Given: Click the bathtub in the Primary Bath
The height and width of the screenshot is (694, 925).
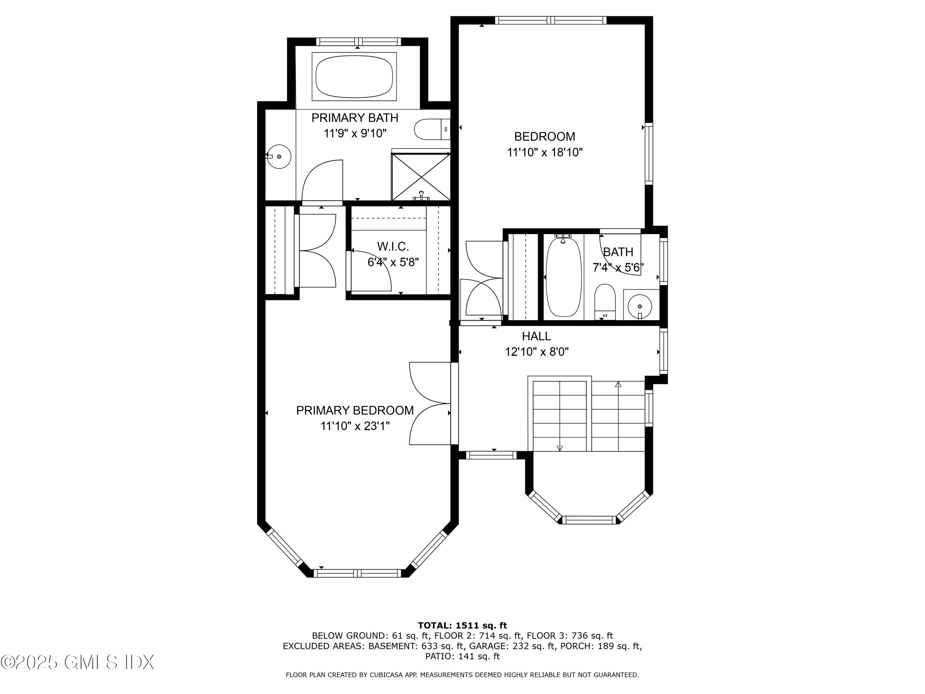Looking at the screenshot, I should [x=354, y=76].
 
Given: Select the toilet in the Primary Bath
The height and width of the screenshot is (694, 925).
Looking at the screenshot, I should [x=431, y=129].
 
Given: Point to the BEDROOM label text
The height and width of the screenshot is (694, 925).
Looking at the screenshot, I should [x=545, y=137].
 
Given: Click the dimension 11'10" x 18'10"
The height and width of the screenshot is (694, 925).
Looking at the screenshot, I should [x=545, y=152].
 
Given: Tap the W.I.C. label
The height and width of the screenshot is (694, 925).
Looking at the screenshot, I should [x=393, y=246].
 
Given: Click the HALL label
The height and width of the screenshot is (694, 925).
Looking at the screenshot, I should [x=536, y=336].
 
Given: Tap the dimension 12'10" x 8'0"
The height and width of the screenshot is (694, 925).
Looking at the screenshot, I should [x=536, y=352].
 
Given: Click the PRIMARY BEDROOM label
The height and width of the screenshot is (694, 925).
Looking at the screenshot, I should [x=355, y=410].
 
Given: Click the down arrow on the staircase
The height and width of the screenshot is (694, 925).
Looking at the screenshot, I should [x=560, y=448].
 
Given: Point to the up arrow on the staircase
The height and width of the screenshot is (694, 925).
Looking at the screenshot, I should [x=618, y=384].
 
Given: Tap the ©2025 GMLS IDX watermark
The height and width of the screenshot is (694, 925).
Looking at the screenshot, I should [x=77, y=662].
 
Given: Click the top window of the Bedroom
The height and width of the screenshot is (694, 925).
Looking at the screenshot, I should [x=551, y=20].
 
